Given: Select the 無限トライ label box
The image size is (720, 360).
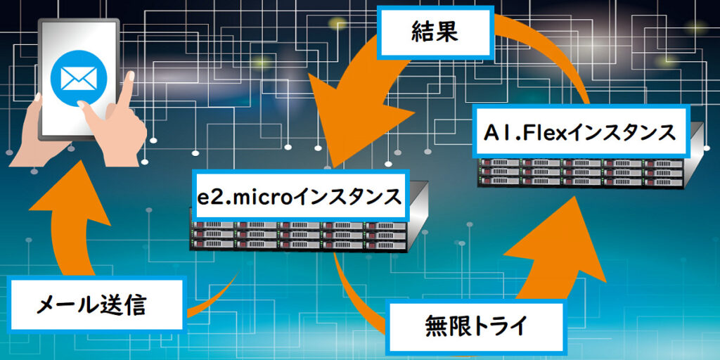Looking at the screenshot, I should tap(475, 327).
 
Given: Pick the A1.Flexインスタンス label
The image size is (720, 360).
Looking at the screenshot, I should tap(579, 132).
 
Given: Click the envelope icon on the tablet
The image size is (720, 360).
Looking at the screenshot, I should tap(77, 75).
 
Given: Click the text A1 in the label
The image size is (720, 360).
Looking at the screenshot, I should tap(495, 132).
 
